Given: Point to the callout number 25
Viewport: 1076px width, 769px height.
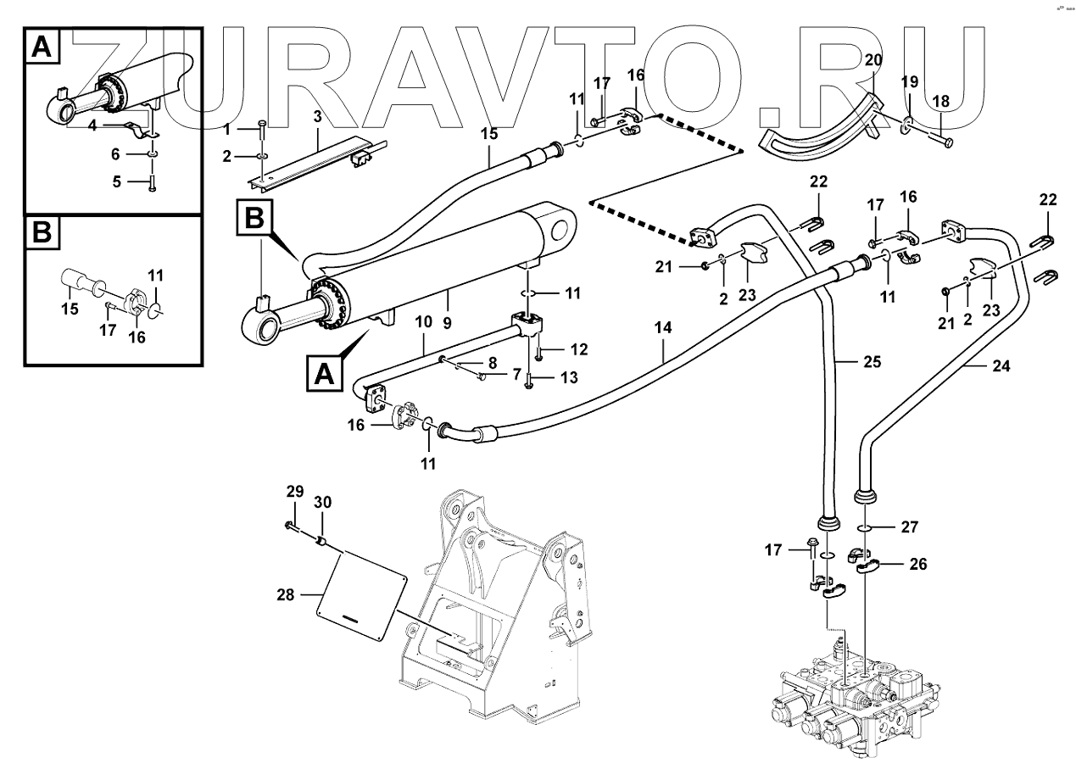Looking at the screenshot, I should pyautogui.click(x=873, y=362).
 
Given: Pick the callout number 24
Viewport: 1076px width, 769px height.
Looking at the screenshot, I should pyautogui.click(x=1001, y=367).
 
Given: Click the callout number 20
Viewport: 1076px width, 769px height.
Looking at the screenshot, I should pyautogui.click(x=873, y=60).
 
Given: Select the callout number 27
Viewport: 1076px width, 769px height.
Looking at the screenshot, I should pyautogui.click(x=909, y=526).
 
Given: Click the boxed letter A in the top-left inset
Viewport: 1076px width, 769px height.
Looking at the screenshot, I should pyautogui.click(x=40, y=47).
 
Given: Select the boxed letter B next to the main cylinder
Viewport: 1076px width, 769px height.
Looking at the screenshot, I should pyautogui.click(x=254, y=218).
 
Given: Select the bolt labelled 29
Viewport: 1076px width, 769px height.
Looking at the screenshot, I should pyautogui.click(x=293, y=528).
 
